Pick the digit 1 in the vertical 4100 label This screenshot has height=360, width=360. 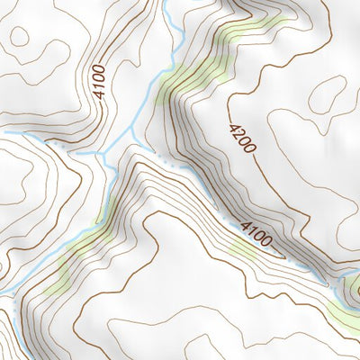(x=98, y=89)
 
